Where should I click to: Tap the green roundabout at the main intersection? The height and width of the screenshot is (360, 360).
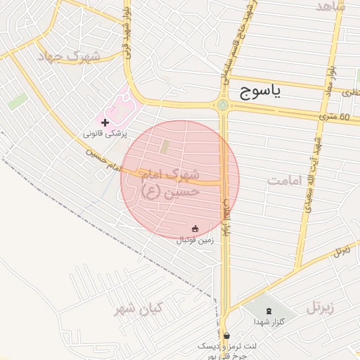(x=223, y=106)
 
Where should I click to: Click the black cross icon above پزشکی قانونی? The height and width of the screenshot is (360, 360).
(x=105, y=122)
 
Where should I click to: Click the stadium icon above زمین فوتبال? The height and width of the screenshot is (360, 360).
(x=195, y=228)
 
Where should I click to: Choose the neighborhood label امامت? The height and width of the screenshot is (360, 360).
(x=284, y=181)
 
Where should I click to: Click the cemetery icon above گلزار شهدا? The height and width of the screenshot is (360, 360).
(x=268, y=310)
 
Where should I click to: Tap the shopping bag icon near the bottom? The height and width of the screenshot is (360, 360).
(x=226, y=335)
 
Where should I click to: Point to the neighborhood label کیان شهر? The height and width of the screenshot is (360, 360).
(x=139, y=308)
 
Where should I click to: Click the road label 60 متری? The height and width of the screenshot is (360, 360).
(x=335, y=115)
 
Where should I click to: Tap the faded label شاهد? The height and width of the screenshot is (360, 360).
(x=330, y=6)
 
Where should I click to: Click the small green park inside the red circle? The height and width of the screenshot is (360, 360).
(x=165, y=147)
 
